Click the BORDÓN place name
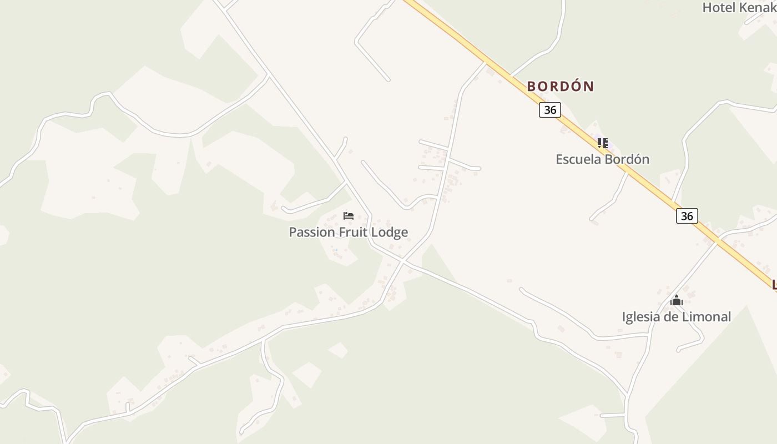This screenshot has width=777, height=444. tap(560, 87)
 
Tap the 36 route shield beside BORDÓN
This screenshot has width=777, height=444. tap(549, 110)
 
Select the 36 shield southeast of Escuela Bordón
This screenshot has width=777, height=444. tap(687, 216)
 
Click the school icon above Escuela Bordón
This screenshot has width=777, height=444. tap(603, 143)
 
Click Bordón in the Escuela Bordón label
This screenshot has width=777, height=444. tap(627, 159)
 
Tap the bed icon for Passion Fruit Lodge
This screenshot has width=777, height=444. tap(349, 215)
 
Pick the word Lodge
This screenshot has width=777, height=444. tap(390, 233)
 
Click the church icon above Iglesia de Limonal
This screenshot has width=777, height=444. tap(676, 301)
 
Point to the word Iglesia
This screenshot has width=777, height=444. tap(640, 317)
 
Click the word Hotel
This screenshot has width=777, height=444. tap(719, 8)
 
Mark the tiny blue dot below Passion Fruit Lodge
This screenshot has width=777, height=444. tap(336, 250)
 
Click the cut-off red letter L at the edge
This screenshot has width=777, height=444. tap(774, 285)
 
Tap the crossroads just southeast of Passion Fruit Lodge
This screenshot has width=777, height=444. tap(403, 261)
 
